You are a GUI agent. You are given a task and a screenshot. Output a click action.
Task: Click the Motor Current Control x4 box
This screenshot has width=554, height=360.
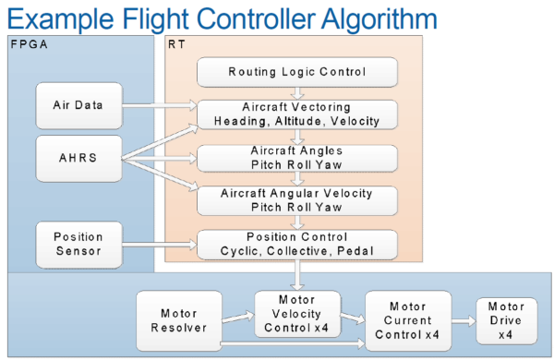pos(407,319)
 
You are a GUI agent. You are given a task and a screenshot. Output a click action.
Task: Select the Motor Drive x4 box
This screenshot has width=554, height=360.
pos(506,318)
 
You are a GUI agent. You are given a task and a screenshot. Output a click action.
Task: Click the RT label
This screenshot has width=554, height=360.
pos(175,44)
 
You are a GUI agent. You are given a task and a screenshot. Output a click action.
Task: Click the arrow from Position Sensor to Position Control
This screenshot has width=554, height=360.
pos(161,244)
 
